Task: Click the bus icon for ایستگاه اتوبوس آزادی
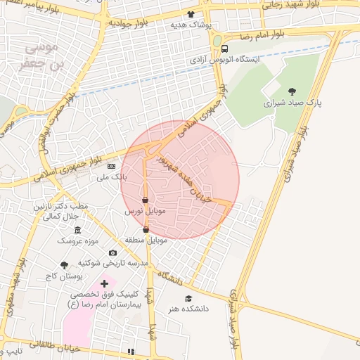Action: [224, 49]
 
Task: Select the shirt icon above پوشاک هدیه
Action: [191, 14]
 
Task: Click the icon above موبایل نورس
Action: [146, 200]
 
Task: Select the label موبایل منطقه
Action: [146, 240]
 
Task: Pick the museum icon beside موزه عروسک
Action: [77, 231]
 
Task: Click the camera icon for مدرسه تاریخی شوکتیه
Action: [112, 253]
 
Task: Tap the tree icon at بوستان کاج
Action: [65, 265]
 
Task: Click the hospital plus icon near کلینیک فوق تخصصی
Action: [104, 284]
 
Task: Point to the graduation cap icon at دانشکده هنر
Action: [188, 298]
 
